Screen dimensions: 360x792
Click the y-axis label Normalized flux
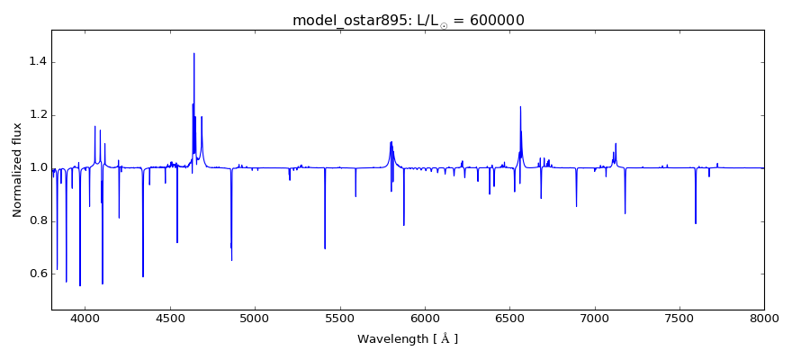[17, 170]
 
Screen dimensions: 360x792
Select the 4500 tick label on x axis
[170, 318]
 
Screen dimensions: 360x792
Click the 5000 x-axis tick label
[255, 318]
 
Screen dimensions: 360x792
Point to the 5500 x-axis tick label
[339, 318]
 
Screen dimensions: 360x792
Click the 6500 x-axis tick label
[509, 318]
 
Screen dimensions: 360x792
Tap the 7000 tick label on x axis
[594, 318]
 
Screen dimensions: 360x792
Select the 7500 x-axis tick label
[679, 318]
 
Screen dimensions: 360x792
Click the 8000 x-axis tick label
[763, 318]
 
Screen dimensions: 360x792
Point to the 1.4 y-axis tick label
[36, 62]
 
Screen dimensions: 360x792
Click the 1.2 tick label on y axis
[36, 115]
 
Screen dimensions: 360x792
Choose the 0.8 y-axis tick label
[36, 221]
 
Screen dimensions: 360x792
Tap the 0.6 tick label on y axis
[36, 274]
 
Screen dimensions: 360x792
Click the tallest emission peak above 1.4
[193, 53]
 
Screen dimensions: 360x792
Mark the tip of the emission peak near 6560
[520, 107]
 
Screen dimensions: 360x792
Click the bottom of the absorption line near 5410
[325, 248]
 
